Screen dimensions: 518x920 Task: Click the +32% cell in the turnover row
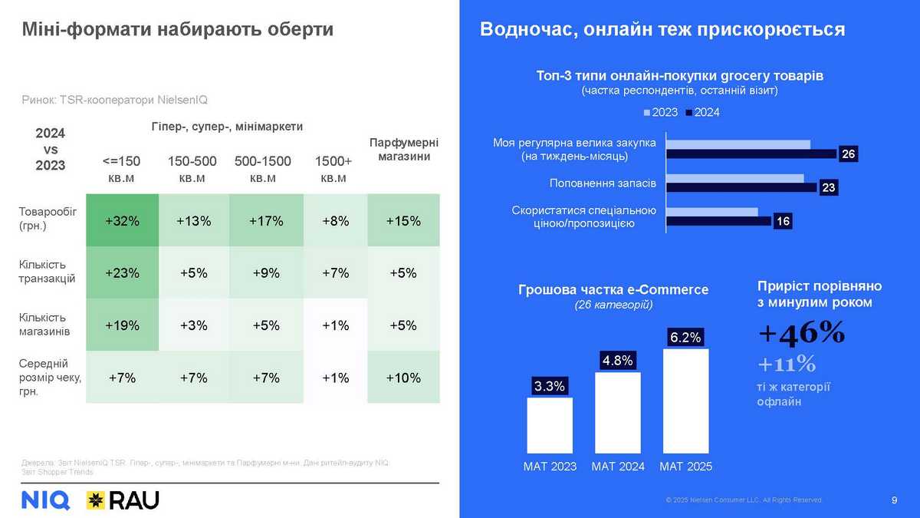tap(123, 221)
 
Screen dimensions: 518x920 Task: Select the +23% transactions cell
tap(123, 272)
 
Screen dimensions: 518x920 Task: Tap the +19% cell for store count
tap(123, 325)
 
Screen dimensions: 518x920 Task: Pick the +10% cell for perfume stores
tap(404, 378)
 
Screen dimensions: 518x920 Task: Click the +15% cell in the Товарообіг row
tap(404, 221)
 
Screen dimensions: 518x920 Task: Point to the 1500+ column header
tap(333, 169)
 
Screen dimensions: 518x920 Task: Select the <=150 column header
tap(122, 169)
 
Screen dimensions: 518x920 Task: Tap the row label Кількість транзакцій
tap(47, 272)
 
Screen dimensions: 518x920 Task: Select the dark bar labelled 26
tap(751, 154)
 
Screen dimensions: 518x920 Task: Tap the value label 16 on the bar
tap(783, 222)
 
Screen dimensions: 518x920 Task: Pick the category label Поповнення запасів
tap(603, 184)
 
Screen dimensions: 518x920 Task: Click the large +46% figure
tap(802, 332)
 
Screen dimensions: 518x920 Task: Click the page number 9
tap(895, 500)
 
